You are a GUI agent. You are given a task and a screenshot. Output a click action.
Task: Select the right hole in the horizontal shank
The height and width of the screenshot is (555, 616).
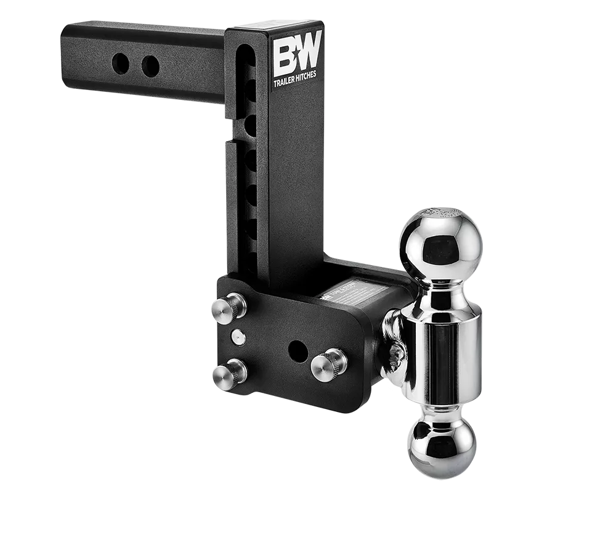click(x=150, y=67)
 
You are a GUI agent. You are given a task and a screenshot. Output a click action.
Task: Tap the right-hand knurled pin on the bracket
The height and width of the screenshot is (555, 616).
click(x=330, y=364)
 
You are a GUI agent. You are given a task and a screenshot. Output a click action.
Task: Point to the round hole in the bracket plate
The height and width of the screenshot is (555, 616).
click(x=298, y=350)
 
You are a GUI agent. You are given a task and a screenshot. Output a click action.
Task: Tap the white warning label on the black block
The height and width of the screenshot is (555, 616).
click(x=357, y=294)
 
